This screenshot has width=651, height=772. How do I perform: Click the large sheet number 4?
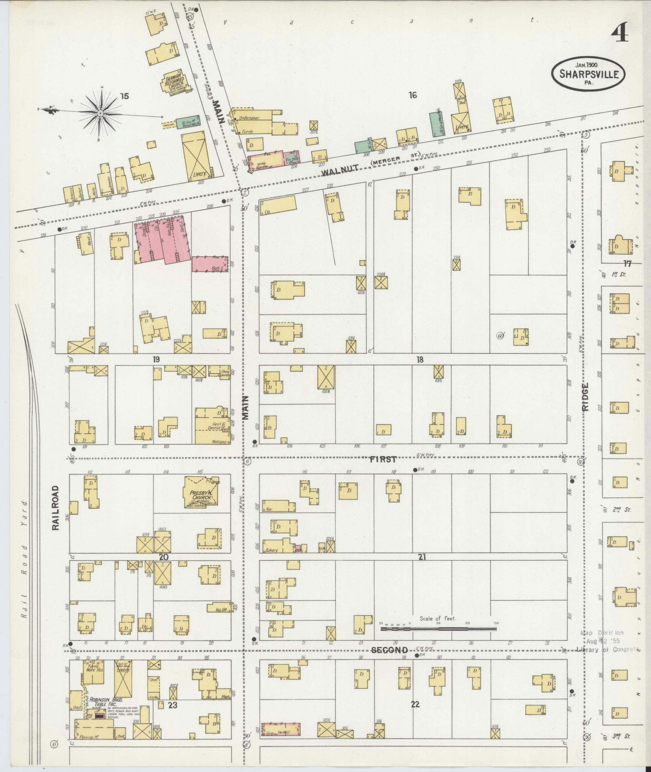click(619, 33)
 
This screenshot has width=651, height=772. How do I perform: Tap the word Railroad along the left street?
click(55, 507)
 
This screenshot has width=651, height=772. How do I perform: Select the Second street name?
click(389, 650)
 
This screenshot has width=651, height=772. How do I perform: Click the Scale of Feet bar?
click(438, 640)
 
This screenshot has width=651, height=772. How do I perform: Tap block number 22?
click(415, 705)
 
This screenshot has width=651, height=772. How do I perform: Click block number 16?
click(412, 95)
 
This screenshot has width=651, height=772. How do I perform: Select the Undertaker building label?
click(249, 118)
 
